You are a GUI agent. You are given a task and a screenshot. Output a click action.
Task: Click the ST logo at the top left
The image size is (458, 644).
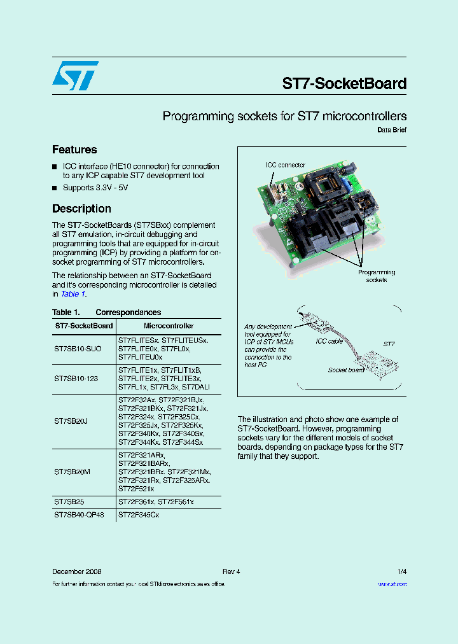point(75,76)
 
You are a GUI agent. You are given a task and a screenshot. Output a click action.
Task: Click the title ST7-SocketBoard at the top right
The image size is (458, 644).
point(343,83)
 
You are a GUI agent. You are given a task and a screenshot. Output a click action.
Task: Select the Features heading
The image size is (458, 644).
point(74,150)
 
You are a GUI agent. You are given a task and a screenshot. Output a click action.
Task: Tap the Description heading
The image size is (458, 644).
point(81,209)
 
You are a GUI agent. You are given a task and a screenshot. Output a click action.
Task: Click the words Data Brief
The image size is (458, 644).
point(392,130)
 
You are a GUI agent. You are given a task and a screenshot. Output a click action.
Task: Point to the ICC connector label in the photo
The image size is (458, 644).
point(285,165)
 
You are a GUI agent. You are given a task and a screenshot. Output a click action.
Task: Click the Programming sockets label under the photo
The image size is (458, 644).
point(376,276)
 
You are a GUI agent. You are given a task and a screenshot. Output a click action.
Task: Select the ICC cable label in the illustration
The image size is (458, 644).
point(330,341)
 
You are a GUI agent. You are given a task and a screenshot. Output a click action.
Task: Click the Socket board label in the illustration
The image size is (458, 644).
point(346,370)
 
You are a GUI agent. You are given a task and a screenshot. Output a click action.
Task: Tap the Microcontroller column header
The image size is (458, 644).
point(169,326)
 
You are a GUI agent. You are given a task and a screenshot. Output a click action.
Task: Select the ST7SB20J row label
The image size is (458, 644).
point(71,421)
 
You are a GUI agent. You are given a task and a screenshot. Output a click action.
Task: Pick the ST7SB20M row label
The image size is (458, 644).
point(73,472)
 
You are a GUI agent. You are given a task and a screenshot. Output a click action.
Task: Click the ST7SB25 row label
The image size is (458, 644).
point(69,502)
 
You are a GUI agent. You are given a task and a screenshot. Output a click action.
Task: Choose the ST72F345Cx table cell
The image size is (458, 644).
point(139,514)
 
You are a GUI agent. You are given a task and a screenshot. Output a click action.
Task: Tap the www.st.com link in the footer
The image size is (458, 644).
point(392,584)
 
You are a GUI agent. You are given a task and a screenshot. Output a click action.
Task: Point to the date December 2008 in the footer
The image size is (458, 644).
point(76,571)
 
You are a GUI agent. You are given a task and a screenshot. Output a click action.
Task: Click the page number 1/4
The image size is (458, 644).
point(401,571)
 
